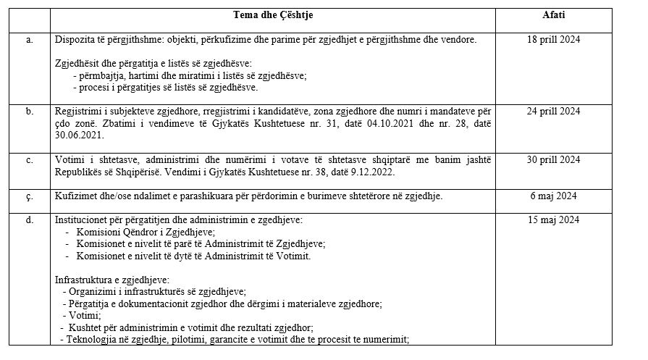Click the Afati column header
coord(554,15)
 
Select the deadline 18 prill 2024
coord(554,39)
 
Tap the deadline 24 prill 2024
coord(554,112)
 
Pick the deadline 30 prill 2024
coord(554,159)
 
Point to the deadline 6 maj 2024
coord(554,196)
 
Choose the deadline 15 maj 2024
coord(554,219)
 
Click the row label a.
coord(30,39)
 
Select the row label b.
coord(30,112)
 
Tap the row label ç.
coord(30,196)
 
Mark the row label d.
coord(30,219)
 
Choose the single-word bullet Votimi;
coord(85,316)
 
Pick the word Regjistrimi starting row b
coord(79,112)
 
